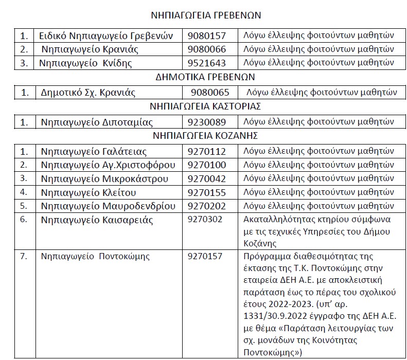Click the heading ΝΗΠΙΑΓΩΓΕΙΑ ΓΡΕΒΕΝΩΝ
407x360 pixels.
pyautogui.click(x=205, y=15)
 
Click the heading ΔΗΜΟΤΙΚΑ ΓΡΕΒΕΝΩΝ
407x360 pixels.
pyautogui.click(x=205, y=77)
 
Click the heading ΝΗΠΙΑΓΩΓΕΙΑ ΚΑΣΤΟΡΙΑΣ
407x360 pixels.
pyautogui.click(x=205, y=107)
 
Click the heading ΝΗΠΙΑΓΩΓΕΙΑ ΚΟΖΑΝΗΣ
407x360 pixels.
pyautogui.click(x=205, y=136)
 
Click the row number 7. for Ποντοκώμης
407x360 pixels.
pyautogui.click(x=24, y=256)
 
